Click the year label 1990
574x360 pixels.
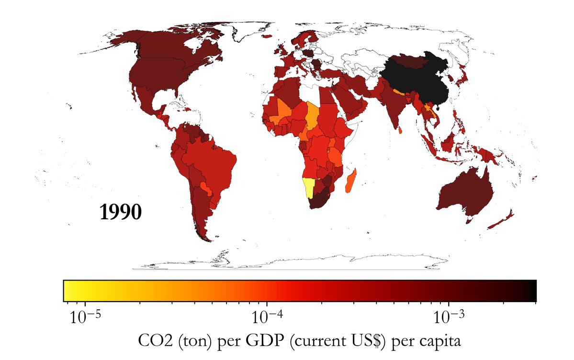pyautogui.click(x=121, y=212)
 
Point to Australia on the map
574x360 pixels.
pyautogui.click(x=467, y=194)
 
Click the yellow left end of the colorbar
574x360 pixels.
pyautogui.click(x=69, y=291)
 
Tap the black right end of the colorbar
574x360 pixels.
pyautogui.click(x=531, y=291)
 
